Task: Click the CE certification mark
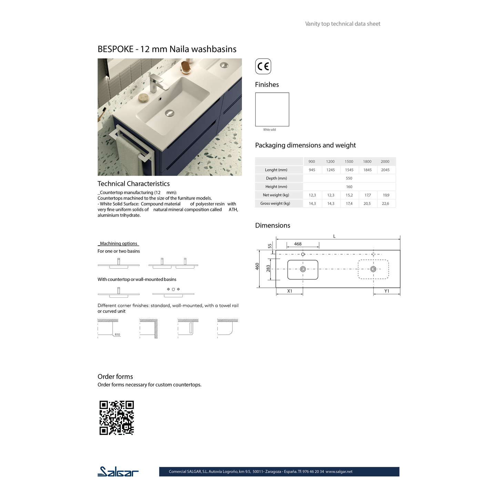[x=263, y=66]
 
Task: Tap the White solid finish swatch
[x=272, y=109]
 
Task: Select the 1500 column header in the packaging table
[x=349, y=161]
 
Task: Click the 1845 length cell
[x=367, y=170]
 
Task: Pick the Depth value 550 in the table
[x=349, y=178]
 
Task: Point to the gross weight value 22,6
[x=385, y=203]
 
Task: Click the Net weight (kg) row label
[x=276, y=195]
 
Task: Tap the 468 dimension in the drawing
[x=298, y=244]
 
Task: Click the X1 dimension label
[x=289, y=291]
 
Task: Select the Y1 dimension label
[x=387, y=291]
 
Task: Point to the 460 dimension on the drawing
[x=257, y=266]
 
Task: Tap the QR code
[x=116, y=418]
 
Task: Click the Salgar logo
[x=118, y=471]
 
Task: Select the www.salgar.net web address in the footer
[x=339, y=471]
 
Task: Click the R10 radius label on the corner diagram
[x=117, y=335]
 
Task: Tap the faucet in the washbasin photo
[x=157, y=83]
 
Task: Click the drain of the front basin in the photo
[x=169, y=113]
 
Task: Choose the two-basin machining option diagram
[x=173, y=264]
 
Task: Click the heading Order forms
[x=115, y=377]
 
